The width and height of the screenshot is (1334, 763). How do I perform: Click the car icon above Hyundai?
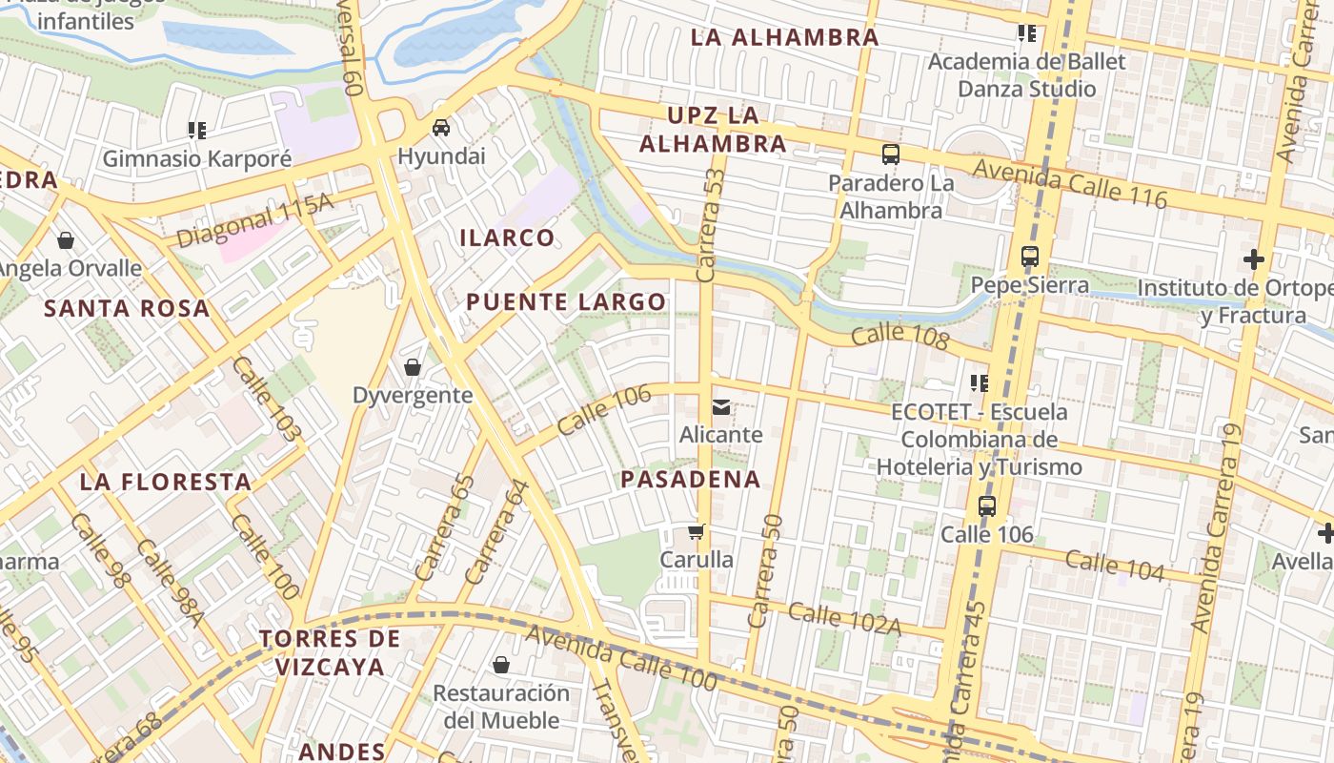coord(441,128)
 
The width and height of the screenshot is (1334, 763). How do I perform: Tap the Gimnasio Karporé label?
coord(196,158)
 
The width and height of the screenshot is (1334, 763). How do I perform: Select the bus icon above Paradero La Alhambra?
coord(891,155)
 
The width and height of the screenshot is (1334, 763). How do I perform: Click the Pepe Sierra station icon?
coord(1030,257)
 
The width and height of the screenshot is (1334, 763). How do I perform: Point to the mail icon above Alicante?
coord(721,407)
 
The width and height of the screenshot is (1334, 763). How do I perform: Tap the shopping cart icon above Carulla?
coord(697,531)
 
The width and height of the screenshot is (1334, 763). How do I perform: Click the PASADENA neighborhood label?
coord(691,479)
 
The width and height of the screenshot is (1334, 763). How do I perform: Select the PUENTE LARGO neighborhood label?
coord(566,302)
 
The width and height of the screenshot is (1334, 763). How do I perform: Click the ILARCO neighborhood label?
coord(507,237)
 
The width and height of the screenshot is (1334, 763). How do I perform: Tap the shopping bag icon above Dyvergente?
coord(413,367)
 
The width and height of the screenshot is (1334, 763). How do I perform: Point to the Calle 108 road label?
coord(900,337)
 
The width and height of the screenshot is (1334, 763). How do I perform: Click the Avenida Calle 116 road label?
coord(1070,182)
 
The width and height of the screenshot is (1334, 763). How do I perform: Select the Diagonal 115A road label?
coord(255,221)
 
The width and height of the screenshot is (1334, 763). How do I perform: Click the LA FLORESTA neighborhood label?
coord(166,482)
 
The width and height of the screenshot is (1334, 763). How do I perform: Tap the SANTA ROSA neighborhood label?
coord(127,308)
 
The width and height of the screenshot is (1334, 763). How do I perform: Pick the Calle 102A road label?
coord(844,617)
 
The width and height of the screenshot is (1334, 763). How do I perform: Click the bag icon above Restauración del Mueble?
coord(501,665)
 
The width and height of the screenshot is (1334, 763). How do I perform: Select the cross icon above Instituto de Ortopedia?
coord(1254,259)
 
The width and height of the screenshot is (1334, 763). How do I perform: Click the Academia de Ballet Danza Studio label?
coord(1026,75)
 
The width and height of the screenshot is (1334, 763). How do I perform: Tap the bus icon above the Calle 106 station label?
coord(987,506)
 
